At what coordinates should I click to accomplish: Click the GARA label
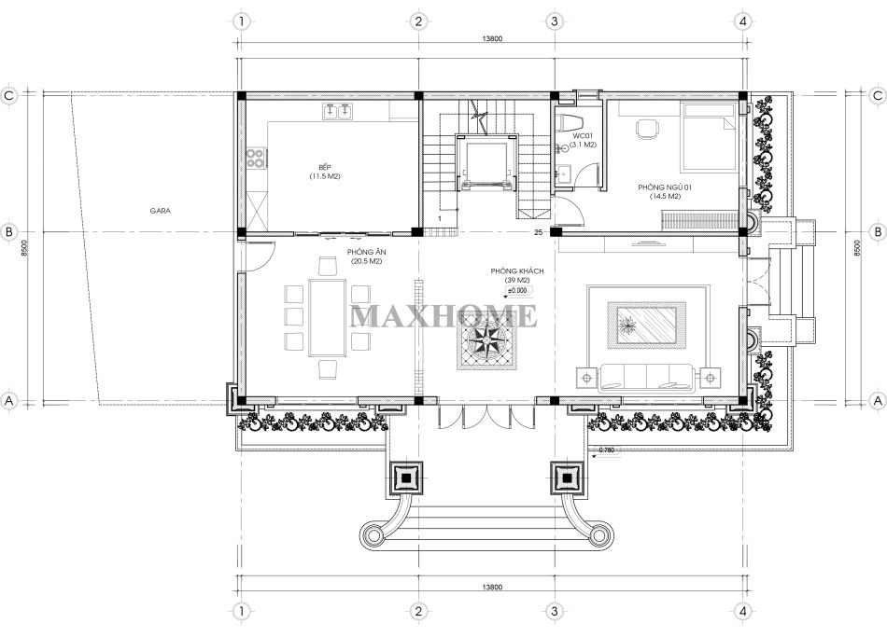click(160, 211)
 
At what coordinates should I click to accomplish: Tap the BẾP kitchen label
click(325, 167)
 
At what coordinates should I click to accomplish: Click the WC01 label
click(582, 136)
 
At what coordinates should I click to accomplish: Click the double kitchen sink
click(338, 112)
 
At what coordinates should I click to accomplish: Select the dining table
click(327, 318)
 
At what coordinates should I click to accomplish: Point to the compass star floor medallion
click(486, 341)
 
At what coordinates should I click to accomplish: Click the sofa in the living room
click(647, 378)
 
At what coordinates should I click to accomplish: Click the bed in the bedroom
click(709, 137)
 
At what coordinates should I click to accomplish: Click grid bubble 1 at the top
click(242, 21)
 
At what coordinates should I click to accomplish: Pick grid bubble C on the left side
click(8, 95)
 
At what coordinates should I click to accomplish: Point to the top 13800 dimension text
click(492, 39)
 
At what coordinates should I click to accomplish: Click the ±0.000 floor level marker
click(517, 291)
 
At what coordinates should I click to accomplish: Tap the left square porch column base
click(406, 478)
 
